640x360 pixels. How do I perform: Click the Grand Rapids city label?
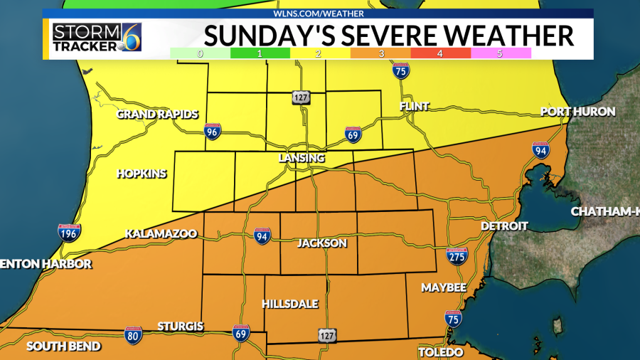[x=157, y=114]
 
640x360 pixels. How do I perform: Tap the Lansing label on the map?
[x=302, y=158]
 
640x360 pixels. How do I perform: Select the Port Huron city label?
[x=577, y=112]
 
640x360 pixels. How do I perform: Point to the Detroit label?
[x=504, y=226]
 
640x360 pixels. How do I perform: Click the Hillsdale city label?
[x=290, y=304]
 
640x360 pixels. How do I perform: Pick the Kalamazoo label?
[x=161, y=233]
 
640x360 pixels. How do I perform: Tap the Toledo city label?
[x=441, y=352]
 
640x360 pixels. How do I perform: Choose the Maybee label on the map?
[x=444, y=287]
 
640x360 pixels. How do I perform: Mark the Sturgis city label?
[x=181, y=327]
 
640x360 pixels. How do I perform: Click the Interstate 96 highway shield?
[x=213, y=131]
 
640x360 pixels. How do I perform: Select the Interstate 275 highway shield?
[x=457, y=256]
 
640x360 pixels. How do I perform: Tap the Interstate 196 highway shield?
[x=69, y=232]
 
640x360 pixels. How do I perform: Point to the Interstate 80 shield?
[x=133, y=335]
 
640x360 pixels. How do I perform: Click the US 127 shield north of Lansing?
[x=300, y=97]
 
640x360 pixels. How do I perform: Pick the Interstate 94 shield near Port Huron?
[x=540, y=149]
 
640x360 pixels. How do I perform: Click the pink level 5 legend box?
[x=501, y=53]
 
